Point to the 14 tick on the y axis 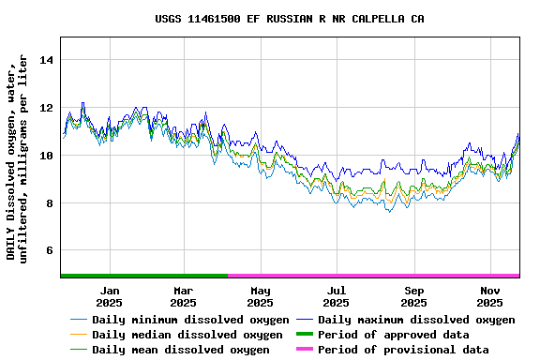point(47,60)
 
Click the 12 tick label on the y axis point(47,108)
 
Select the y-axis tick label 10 point(47,156)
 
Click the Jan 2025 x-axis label point(109,296)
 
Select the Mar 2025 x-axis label point(183,296)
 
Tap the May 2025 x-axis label point(261,296)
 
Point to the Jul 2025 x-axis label point(337,296)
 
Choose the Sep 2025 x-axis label point(413,296)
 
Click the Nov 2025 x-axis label point(489,296)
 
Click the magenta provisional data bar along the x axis point(373,276)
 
